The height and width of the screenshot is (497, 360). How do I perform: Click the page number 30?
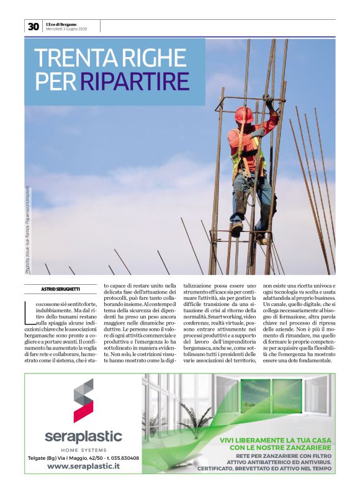coord(33,27)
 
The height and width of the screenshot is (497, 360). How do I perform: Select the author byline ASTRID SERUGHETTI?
coord(60,290)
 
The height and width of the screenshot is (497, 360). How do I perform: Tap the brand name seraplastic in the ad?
coord(83,436)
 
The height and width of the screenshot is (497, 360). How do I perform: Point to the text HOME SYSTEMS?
coord(84,449)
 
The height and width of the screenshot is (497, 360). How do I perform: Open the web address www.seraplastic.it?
coord(84,466)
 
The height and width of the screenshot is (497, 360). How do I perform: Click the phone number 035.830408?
coord(121,458)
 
